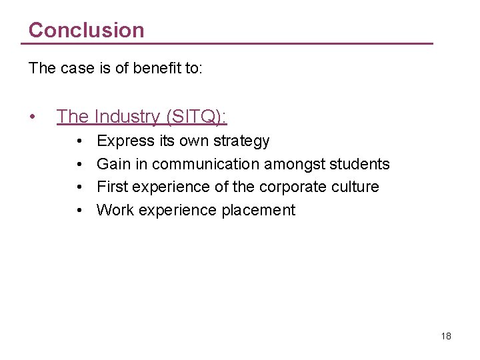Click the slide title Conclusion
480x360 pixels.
86,30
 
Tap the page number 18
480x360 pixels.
446,336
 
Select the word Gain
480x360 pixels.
113,164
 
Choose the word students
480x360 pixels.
360,164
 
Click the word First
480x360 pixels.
111,187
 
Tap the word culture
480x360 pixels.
355,187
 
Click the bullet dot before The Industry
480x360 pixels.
33,117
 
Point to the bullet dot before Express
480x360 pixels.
79,141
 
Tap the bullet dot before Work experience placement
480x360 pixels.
79,211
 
